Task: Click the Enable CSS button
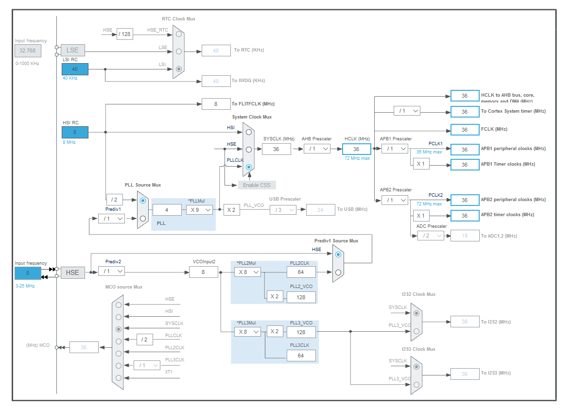[x=257, y=185]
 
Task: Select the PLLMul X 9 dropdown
[x=200, y=210]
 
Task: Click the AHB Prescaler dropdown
[x=317, y=149]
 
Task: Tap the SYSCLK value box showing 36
[x=276, y=149]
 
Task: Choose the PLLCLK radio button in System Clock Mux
[x=249, y=167]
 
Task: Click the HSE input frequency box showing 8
[x=28, y=273]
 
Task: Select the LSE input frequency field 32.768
[x=28, y=51]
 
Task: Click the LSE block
[x=72, y=50]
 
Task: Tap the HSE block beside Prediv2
[x=72, y=272]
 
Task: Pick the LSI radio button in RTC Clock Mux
[x=179, y=69]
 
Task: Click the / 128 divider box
[x=125, y=34]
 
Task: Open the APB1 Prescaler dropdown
[x=395, y=149]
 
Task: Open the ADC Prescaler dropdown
[x=431, y=236]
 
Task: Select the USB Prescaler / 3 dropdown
[x=283, y=210]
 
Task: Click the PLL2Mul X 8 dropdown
[x=247, y=272]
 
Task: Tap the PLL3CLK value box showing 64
[x=301, y=356]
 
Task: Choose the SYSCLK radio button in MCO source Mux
[x=118, y=329]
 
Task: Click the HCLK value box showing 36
[x=356, y=149]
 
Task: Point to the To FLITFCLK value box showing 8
[x=216, y=103]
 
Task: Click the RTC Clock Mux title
[x=178, y=19]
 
